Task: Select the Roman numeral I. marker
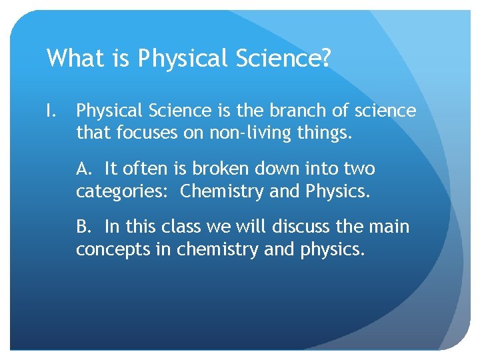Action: pyautogui.click(x=52, y=111)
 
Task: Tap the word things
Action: pyautogui.click(x=325, y=133)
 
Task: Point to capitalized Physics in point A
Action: pyautogui.click(x=335, y=191)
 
